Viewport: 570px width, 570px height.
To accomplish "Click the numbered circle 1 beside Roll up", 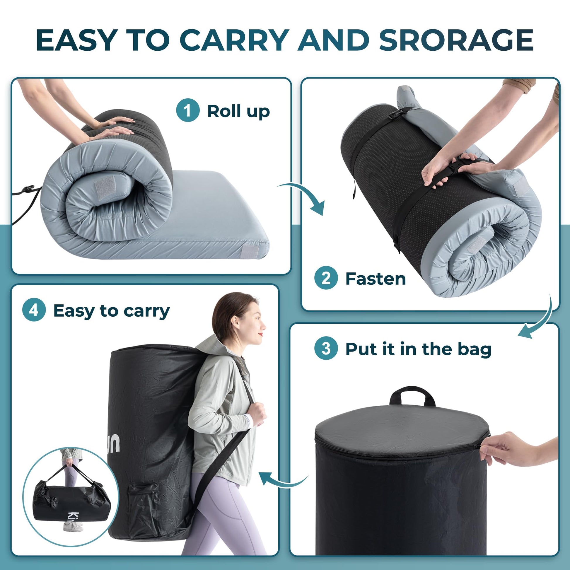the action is pyautogui.click(x=188, y=110).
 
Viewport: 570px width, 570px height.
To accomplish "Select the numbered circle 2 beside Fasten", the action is pyautogui.click(x=326, y=278).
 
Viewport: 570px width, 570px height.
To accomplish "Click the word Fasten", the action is pyautogui.click(x=375, y=279).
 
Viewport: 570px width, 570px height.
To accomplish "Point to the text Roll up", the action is pyautogui.click(x=238, y=112).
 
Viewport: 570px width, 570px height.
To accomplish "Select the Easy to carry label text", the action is pyautogui.click(x=112, y=311).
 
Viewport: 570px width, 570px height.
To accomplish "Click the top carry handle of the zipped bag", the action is pyautogui.click(x=412, y=395).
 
